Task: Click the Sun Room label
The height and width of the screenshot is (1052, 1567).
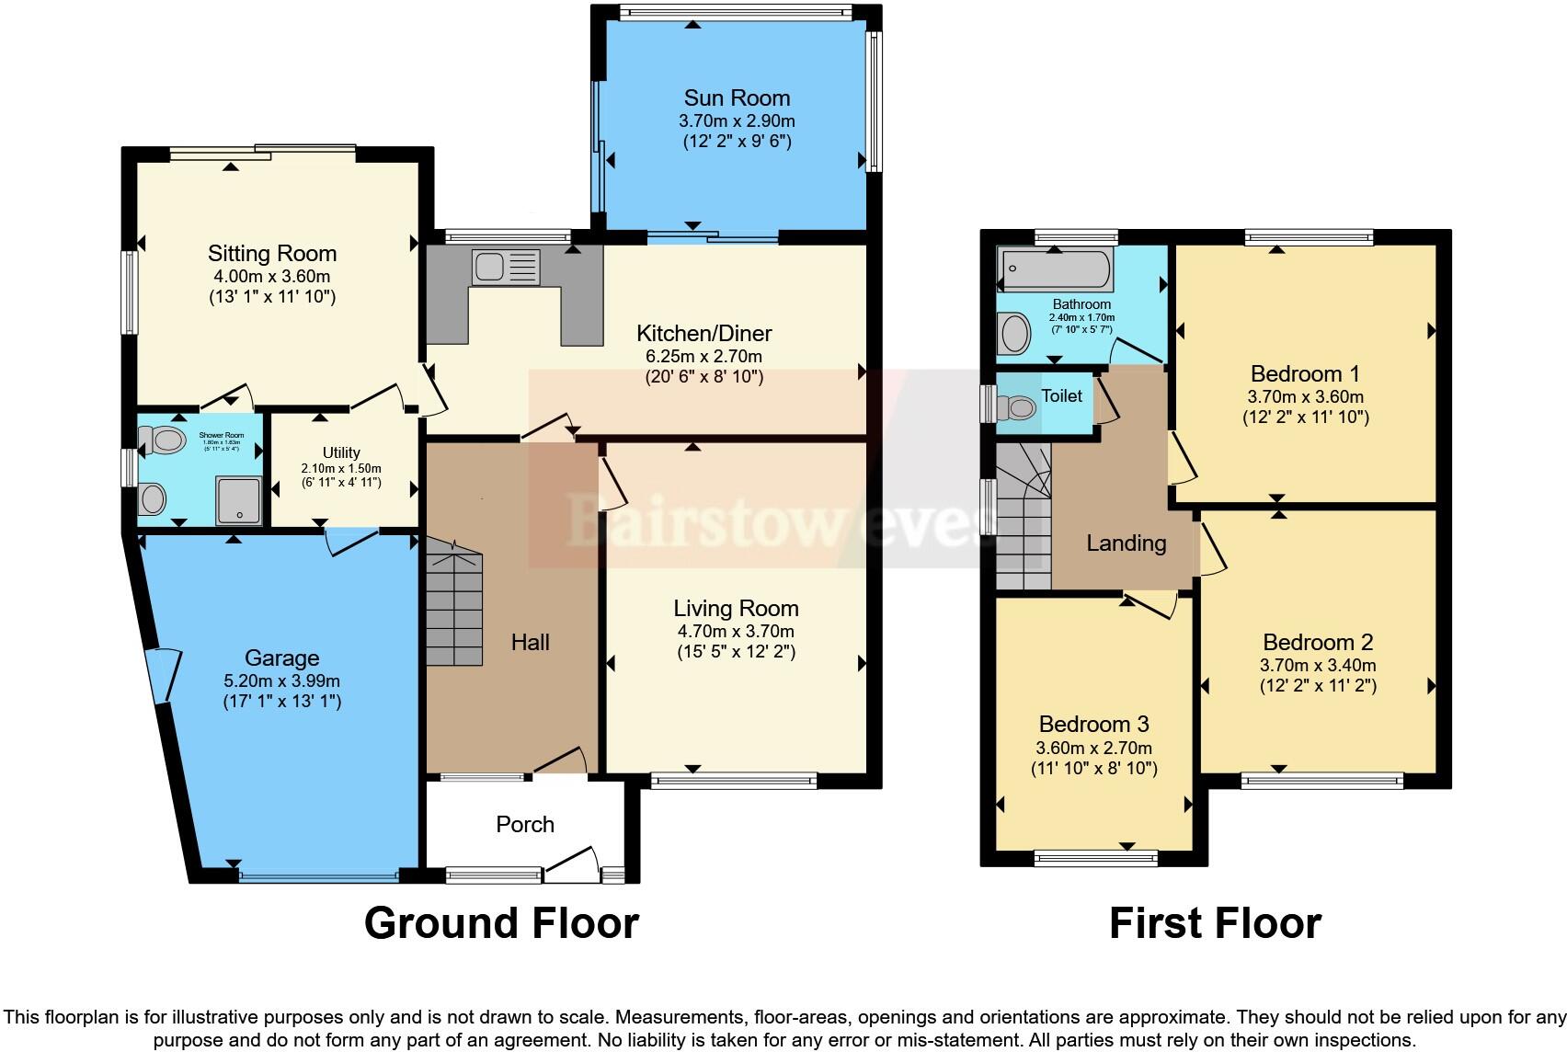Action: tap(737, 97)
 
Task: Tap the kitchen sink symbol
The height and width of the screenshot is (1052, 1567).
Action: tap(505, 268)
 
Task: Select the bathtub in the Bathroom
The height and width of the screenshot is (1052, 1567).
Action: tap(1055, 269)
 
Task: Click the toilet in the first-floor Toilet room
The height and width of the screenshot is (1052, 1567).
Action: tap(1017, 407)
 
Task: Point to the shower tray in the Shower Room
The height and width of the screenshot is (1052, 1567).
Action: tap(238, 500)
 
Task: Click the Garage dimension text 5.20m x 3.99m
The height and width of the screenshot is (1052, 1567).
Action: tap(281, 681)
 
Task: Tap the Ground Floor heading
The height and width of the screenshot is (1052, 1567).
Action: tap(501, 922)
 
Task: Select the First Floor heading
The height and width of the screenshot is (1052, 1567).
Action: tap(1215, 922)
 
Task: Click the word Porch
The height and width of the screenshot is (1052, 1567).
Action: tap(525, 824)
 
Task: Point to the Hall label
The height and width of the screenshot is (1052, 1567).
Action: tap(531, 642)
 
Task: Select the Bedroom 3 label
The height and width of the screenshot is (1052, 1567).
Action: tap(1093, 724)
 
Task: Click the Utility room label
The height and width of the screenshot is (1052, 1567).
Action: tap(341, 452)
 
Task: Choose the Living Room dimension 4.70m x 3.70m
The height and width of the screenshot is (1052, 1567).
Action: tap(736, 631)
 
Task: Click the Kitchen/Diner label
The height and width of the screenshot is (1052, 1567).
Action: tap(704, 333)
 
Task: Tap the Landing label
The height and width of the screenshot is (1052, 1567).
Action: tap(1126, 543)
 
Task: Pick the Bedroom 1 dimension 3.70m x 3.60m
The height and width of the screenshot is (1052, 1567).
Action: tap(1305, 397)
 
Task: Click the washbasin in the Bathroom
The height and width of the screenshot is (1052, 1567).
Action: tap(1015, 333)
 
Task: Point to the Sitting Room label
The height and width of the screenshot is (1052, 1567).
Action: tap(272, 253)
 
